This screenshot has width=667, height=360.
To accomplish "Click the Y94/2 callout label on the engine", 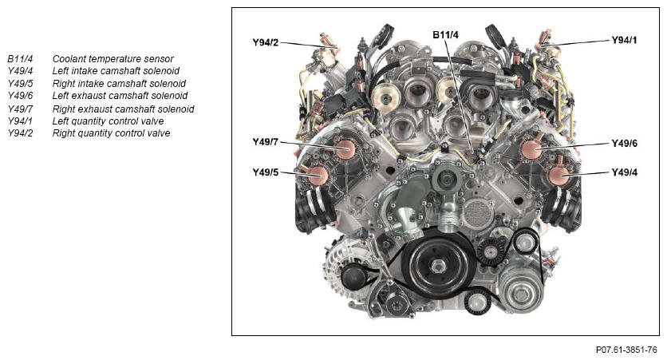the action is click(266, 42).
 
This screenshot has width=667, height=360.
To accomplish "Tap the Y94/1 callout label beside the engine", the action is click(625, 40).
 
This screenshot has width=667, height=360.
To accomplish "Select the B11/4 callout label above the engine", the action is click(445, 35).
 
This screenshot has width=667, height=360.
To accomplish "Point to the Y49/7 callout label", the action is click(266, 142).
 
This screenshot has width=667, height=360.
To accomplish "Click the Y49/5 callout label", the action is click(266, 172).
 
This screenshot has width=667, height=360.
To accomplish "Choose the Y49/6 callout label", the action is click(625, 144).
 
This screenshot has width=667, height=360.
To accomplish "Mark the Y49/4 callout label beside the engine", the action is click(625, 172).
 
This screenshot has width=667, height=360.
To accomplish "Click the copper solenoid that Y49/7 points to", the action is click(345, 149).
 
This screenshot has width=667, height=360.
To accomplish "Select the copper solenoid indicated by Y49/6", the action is click(531, 149).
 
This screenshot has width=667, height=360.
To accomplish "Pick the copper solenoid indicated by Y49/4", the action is click(559, 175).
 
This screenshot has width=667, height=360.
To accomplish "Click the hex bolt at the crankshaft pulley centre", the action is click(438, 267).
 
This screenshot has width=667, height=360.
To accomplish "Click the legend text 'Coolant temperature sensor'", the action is click(112, 59).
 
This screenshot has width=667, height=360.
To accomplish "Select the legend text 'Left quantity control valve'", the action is click(108, 121).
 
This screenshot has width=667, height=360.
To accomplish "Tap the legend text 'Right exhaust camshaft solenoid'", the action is click(123, 109).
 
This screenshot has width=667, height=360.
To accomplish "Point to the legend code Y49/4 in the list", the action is click(20, 71).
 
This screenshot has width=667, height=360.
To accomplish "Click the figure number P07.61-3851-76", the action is click(626, 350).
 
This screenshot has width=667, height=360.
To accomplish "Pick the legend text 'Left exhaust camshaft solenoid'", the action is click(120, 96).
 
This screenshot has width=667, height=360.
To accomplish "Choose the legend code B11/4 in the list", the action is click(20, 59).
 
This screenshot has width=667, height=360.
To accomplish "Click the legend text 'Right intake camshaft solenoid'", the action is click(119, 83).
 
